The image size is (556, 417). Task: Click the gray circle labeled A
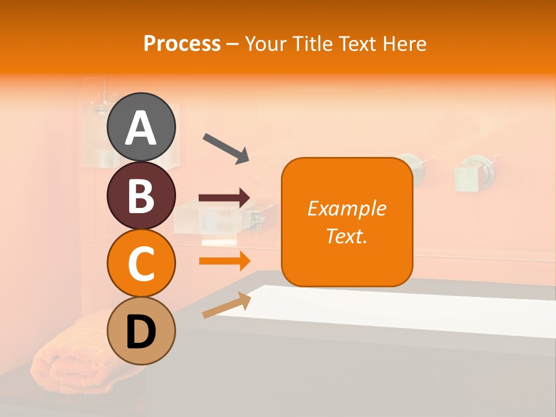141,127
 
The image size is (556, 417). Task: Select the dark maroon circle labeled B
141,195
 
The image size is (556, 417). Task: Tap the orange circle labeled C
141,264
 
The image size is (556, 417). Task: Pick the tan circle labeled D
141,331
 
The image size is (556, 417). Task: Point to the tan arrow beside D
226,305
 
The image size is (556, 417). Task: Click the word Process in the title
182,43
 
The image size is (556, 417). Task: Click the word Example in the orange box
347,208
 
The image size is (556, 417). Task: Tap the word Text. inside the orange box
347,236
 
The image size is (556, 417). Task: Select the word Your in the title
265,43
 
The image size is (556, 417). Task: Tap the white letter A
141,128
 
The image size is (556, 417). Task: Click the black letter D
141,332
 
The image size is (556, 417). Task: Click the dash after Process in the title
232,45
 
